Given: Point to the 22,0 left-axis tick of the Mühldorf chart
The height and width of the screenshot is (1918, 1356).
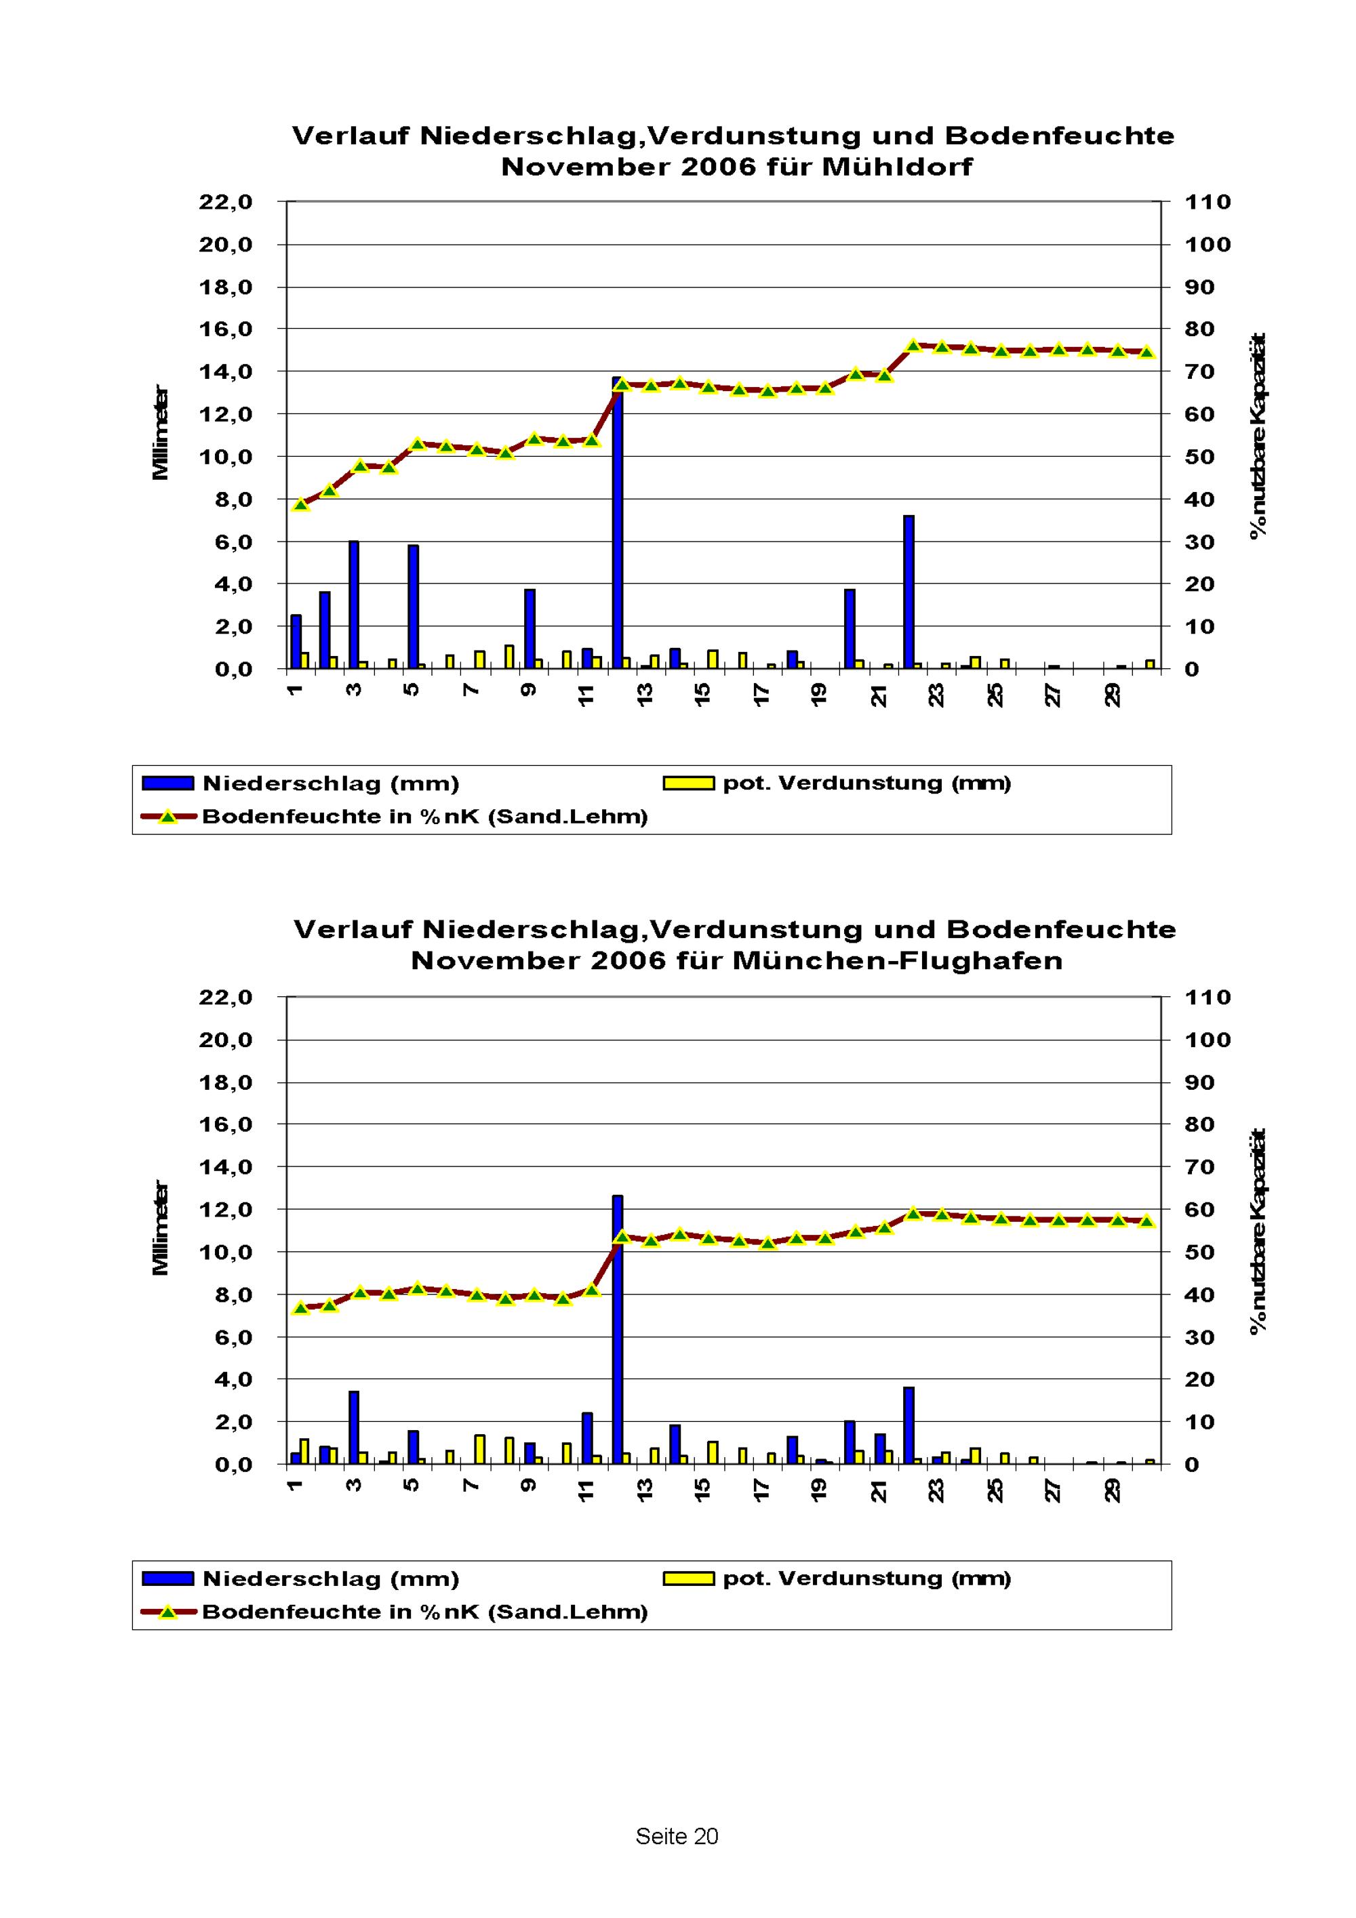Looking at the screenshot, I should [226, 202].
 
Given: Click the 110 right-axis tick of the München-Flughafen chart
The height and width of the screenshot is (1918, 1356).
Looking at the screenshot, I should [1208, 998].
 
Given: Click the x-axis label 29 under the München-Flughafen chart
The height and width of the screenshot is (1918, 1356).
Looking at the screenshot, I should [1112, 1490].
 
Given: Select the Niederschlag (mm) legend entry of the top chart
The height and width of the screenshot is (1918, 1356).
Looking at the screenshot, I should [331, 783].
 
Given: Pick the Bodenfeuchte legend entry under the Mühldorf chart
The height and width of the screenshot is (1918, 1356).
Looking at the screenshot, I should [424, 816].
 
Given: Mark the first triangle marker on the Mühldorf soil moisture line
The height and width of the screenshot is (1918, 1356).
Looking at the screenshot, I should [301, 504].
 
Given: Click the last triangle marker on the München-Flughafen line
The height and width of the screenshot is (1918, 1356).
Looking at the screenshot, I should [1147, 1221].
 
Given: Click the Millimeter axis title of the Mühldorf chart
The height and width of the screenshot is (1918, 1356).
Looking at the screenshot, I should [161, 432].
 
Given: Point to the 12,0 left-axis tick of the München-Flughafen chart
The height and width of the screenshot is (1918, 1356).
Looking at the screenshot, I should [226, 1210].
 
